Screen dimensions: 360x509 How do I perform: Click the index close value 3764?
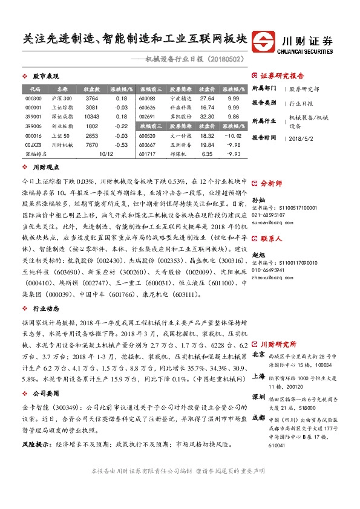91,98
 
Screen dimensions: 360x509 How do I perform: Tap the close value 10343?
91,117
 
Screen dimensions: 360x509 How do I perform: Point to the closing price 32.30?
207,117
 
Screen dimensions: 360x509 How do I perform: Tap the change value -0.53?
121,145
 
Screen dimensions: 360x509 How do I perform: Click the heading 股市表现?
45,77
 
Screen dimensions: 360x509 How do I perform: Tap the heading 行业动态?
45,308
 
